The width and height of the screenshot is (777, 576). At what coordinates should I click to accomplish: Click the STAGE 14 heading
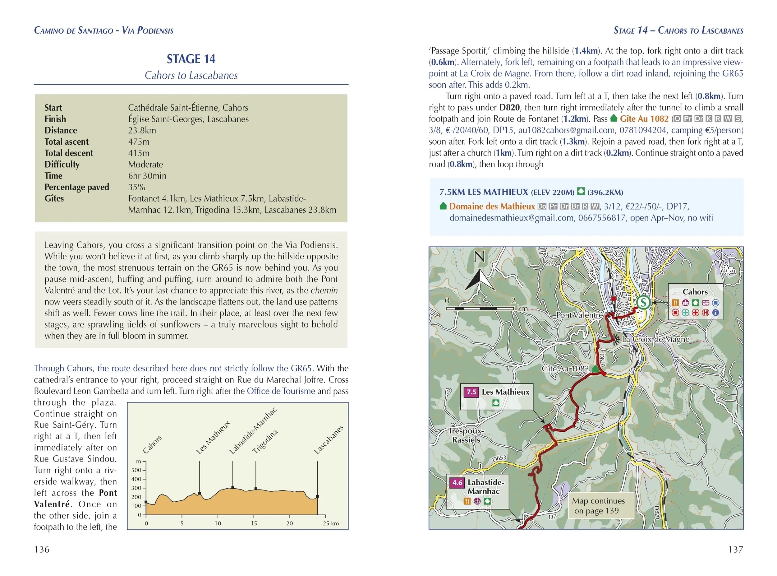pos(191,59)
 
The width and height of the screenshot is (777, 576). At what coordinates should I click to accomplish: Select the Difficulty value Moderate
pos(146,164)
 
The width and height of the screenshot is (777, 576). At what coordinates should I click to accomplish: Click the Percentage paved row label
pos(77,187)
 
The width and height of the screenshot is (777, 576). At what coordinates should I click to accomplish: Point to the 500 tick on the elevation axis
pos(136,470)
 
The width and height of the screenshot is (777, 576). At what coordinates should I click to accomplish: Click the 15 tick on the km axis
pos(254,523)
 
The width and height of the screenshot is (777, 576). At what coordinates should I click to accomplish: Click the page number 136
pos(42,550)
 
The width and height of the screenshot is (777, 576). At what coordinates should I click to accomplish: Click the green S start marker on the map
pos(643,302)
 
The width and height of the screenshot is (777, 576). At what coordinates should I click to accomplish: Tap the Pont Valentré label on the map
pos(579,315)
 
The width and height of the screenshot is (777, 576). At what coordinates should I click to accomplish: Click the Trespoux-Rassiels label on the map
pos(466,435)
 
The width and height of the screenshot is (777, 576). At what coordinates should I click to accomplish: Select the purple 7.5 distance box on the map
pos(471,392)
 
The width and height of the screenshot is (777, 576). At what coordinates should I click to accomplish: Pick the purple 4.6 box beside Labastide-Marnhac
pos(457,483)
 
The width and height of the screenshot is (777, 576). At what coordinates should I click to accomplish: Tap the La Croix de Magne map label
pos(655,339)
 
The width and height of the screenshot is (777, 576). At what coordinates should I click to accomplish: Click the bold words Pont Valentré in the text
pos(75,499)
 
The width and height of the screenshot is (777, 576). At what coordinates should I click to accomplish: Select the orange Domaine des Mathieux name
pos(492,207)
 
